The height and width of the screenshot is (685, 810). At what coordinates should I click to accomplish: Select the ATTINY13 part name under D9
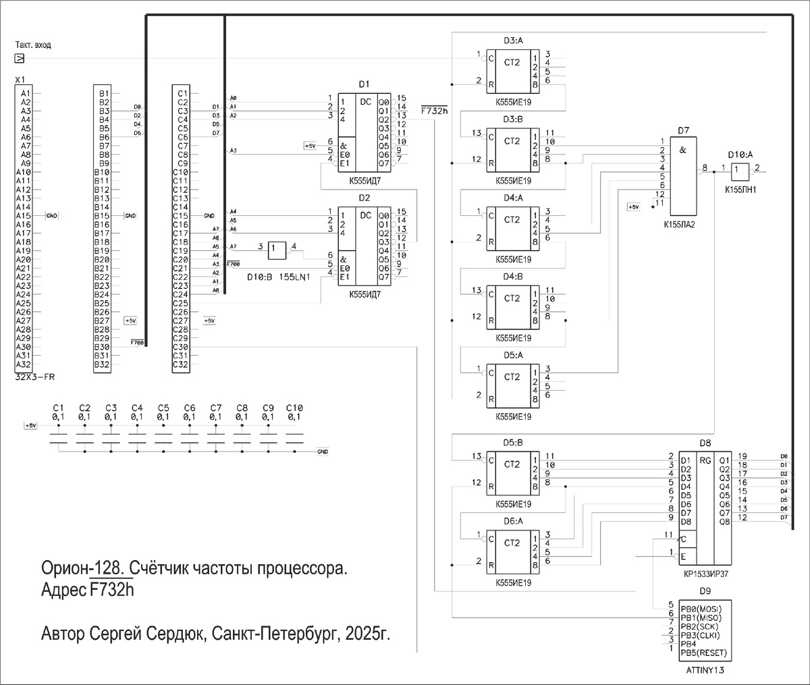705,670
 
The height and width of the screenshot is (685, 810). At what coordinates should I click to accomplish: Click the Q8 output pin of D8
724,521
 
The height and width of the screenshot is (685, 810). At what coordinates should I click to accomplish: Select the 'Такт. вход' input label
33,45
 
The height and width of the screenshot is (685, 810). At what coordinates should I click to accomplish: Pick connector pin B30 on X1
102,348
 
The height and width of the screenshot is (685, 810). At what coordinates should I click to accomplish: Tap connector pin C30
181,348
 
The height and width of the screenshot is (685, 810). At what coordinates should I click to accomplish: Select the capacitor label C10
294,408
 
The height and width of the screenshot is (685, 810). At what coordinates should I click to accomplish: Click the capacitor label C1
58,408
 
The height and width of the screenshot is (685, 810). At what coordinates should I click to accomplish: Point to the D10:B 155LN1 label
277,277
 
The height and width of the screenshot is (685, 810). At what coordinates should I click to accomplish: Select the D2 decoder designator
364,198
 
